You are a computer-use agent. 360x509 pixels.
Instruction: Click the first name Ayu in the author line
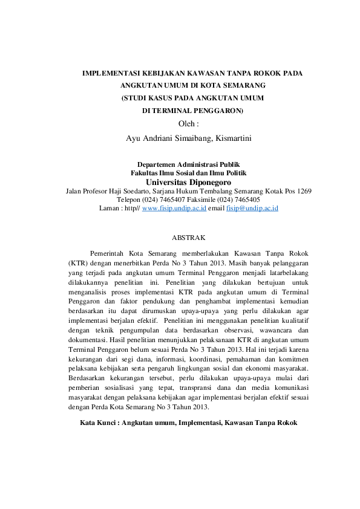[133, 138]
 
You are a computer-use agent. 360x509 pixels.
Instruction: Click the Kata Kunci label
[98, 423]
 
